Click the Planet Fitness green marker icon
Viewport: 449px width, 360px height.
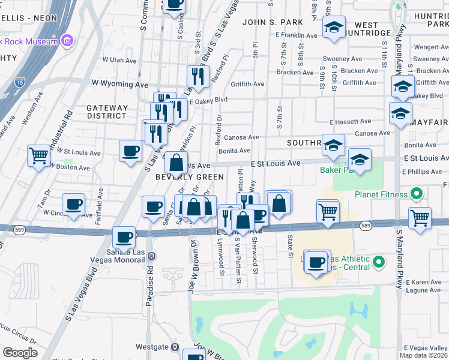(415, 194)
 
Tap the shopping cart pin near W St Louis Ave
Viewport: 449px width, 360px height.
(38, 156)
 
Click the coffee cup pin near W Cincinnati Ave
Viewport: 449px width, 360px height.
(74, 204)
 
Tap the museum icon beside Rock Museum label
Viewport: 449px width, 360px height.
(67, 41)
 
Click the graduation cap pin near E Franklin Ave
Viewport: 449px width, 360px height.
(334, 27)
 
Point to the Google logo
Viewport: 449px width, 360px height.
(19, 352)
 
